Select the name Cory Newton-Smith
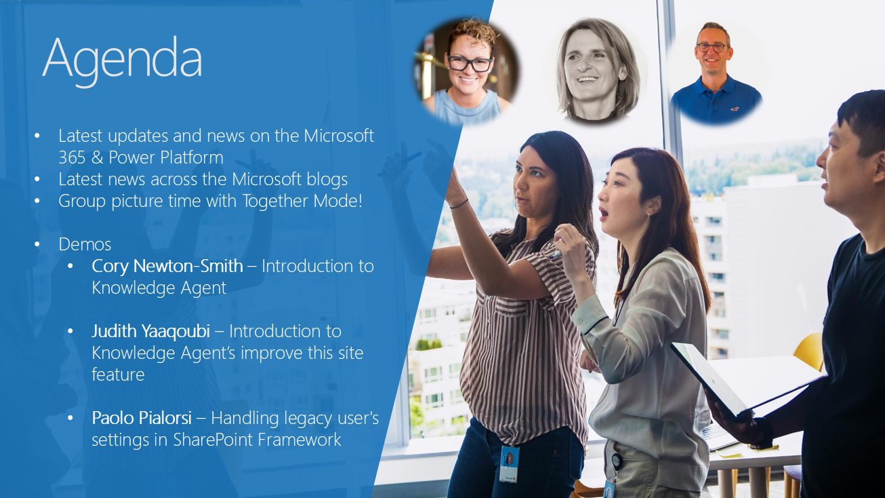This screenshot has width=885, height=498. coord(167,266)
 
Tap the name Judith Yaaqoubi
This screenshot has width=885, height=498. coord(150,330)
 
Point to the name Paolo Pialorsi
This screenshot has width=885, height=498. coord(142,418)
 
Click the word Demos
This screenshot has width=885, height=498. coord(85,244)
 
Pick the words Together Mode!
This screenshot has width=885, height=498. coord(302,201)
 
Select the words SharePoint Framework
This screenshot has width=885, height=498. coord(257,440)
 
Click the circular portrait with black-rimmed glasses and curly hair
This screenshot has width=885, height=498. coord(466,71)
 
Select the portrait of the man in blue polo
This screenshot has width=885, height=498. coord(715,73)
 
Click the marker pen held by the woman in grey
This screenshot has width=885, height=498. coord(555,254)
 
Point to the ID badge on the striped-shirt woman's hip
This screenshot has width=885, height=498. coord(509,463)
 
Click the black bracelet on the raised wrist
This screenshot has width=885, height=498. coord(459,204)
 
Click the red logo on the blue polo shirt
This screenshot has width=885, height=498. coord(735,109)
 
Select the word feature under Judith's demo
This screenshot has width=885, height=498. coord(118,375)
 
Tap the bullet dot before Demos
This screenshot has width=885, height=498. coord(37,244)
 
